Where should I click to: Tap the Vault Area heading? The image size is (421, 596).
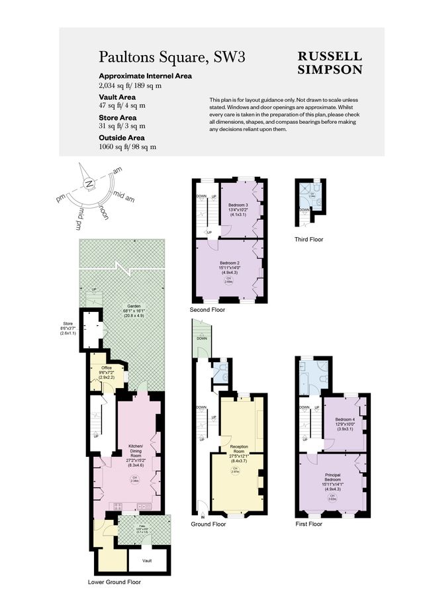click(x=117, y=97)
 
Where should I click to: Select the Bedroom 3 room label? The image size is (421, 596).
click(x=238, y=205)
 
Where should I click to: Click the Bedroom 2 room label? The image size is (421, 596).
click(x=228, y=262)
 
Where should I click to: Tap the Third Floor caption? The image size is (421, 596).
click(x=309, y=239)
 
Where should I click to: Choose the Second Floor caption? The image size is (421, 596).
click(x=207, y=309)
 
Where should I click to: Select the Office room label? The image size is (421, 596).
click(x=107, y=368)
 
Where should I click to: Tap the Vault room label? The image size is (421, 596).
click(x=146, y=561)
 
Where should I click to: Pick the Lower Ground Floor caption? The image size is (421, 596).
click(x=114, y=583)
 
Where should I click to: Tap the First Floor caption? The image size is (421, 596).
click(x=308, y=524)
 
